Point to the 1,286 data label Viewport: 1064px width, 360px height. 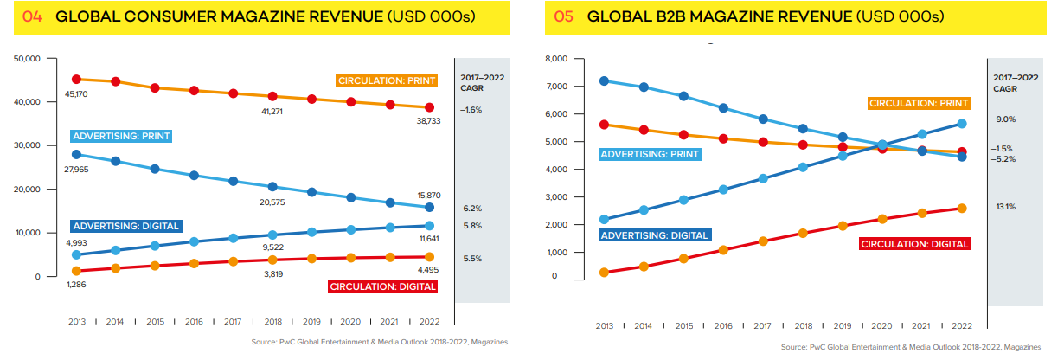[x=77, y=284]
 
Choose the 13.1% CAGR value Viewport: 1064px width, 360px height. [x=1005, y=207]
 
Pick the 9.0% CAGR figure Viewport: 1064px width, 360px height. [x=1005, y=119]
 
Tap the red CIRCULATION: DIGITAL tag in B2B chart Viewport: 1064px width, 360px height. [x=913, y=244]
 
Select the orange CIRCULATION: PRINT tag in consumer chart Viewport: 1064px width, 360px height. [x=387, y=80]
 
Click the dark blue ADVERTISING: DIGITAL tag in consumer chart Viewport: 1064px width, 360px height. [x=126, y=226]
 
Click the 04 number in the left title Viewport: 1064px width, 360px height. [x=32, y=17]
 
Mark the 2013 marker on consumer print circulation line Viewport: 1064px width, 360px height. [x=77, y=80]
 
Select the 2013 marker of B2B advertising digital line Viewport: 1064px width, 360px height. [x=604, y=220]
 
